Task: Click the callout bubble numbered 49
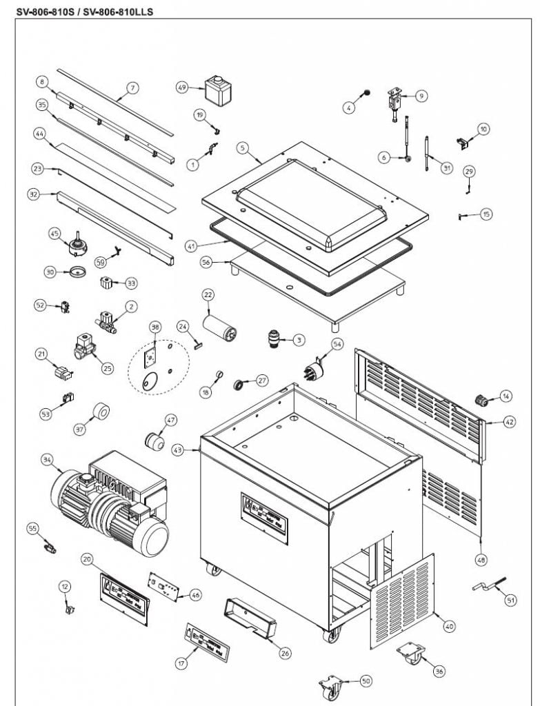click(x=182, y=88)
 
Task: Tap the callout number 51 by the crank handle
click(x=511, y=601)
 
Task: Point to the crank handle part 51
click(x=487, y=586)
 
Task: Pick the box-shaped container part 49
click(x=218, y=92)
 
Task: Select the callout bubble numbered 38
click(x=155, y=328)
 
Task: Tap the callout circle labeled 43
click(x=177, y=450)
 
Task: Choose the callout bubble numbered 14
click(x=506, y=396)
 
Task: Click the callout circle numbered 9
click(x=421, y=96)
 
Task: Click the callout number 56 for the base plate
click(x=206, y=263)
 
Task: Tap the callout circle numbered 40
click(x=450, y=626)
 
